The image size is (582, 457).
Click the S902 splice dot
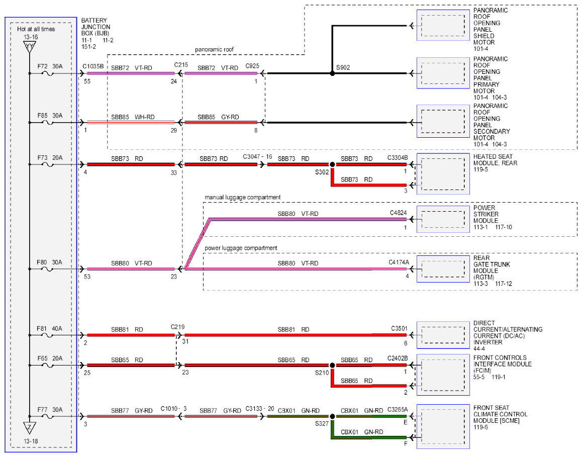[x=333, y=73]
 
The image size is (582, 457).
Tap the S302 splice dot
[x=333, y=164]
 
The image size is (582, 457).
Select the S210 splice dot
[x=333, y=365]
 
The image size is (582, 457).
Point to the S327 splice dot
[x=333, y=417]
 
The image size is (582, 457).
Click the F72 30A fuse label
[x=50, y=66]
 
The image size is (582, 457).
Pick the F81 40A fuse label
[x=49, y=329]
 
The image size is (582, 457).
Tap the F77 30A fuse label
[x=50, y=410]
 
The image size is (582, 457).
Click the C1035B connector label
[x=93, y=66]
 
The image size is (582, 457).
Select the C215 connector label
[x=181, y=65]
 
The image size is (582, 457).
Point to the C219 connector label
[x=178, y=327]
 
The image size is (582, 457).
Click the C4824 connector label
[x=398, y=213]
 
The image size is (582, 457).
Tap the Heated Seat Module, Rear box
[x=443, y=174]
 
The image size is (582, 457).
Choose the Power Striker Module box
[x=443, y=219]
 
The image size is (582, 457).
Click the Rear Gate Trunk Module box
[x=443, y=269]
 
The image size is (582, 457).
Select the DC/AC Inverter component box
[x=443, y=335]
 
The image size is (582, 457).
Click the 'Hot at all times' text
[x=36, y=29]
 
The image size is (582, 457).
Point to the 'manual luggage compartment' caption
[x=242, y=198]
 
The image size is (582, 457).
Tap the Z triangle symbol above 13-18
[x=30, y=428]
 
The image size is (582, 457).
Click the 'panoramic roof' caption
[x=214, y=50]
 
